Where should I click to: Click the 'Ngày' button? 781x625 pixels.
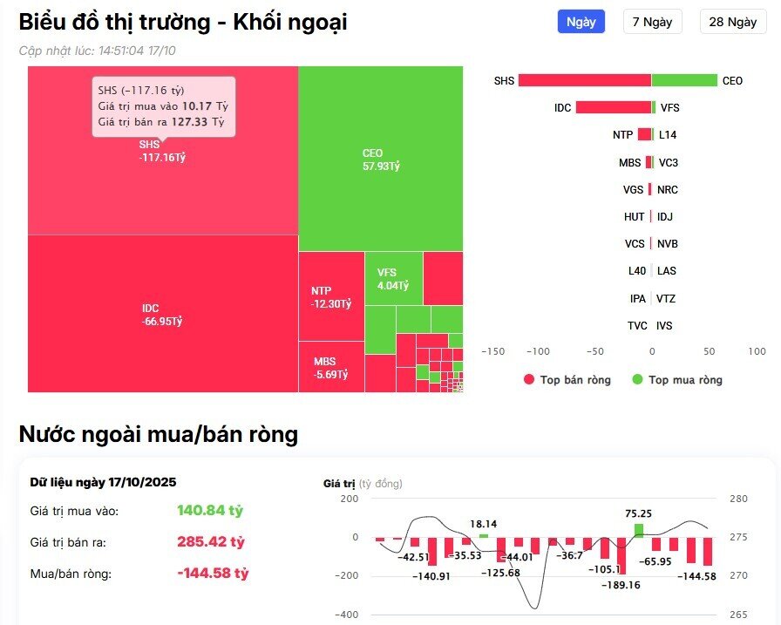click(x=581, y=22)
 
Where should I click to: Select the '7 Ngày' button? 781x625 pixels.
click(x=652, y=22)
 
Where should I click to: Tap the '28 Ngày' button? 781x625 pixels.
click(x=732, y=22)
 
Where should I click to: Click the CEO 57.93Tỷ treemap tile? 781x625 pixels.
click(x=380, y=159)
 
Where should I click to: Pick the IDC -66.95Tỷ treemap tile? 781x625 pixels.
click(x=162, y=315)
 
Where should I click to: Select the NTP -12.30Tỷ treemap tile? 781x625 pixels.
click(x=330, y=297)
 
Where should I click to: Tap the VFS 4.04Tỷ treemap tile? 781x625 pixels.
click(x=393, y=279)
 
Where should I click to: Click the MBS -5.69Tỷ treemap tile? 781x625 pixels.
click(x=330, y=368)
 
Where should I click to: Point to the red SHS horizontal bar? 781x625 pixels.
click(x=584, y=80)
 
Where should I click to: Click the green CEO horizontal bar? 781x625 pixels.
click(x=683, y=80)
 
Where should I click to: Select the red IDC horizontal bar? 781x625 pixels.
click(x=613, y=108)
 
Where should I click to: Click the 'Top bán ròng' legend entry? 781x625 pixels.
click(x=567, y=380)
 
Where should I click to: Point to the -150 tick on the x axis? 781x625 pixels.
click(x=493, y=351)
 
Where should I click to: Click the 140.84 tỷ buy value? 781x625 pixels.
click(x=210, y=511)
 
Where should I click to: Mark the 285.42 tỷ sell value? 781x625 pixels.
click(x=210, y=542)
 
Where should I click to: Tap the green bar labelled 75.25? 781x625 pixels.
click(x=639, y=530)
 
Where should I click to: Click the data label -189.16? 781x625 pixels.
click(x=621, y=585)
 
